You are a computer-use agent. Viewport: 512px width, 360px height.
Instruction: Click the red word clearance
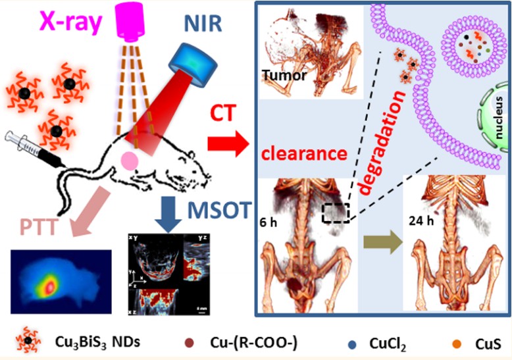point(304,155)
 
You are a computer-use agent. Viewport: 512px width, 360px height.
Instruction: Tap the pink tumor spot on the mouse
point(130,161)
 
